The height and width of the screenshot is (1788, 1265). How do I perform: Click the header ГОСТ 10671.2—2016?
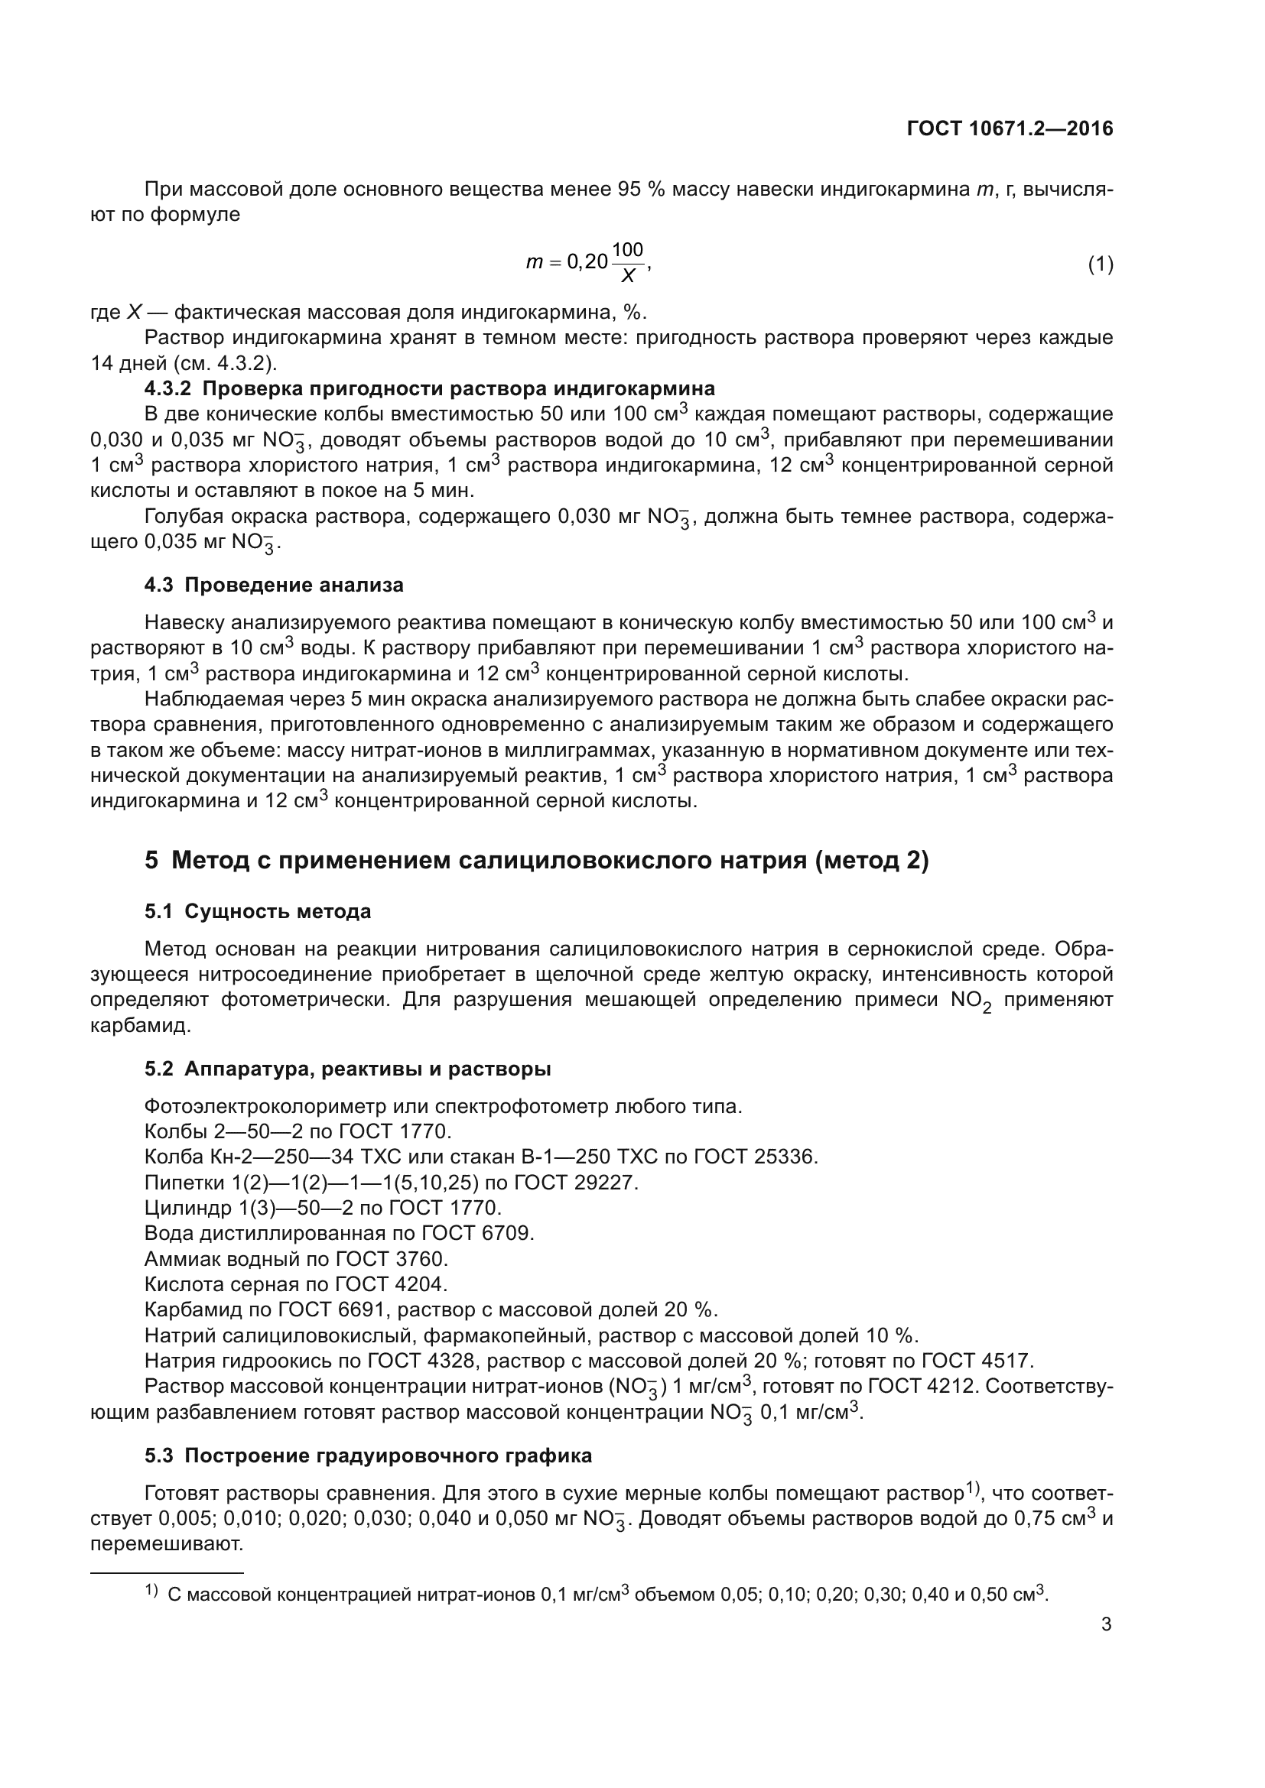tap(1010, 129)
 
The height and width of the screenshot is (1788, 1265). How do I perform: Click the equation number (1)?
tap(1100, 264)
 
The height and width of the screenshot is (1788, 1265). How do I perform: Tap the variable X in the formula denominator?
tap(627, 277)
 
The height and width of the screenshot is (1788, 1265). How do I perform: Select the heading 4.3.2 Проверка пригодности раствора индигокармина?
tap(429, 388)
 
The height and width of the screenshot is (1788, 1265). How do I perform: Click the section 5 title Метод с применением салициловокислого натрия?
tap(537, 861)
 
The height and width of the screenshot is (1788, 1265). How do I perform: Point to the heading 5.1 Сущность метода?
tap(257, 911)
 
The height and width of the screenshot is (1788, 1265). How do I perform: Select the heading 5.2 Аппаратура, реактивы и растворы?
tap(347, 1069)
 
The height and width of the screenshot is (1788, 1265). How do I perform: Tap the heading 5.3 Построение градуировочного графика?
tap(368, 1456)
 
